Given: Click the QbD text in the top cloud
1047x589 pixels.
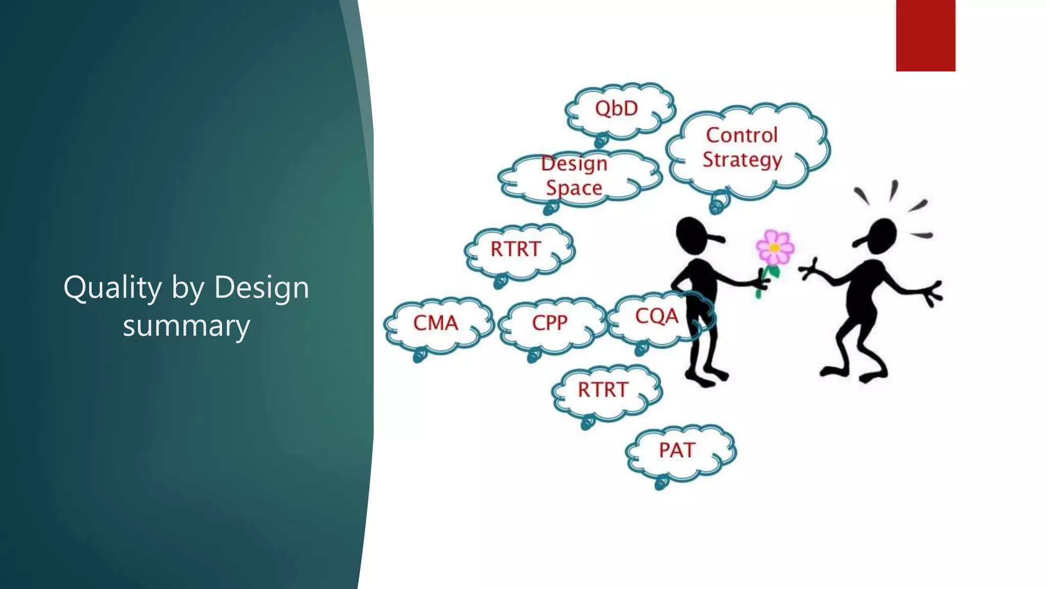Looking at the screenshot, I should (x=617, y=108).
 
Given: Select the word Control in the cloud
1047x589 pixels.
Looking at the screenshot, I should (x=742, y=135).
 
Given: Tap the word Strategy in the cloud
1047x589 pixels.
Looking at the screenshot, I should (x=742, y=160).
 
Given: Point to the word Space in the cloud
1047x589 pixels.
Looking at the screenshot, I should (x=574, y=188).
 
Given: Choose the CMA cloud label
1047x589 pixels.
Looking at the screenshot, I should (x=436, y=323).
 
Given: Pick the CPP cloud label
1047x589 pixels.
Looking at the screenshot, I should (x=550, y=323).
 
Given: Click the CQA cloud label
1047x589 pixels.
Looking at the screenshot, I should (x=657, y=316).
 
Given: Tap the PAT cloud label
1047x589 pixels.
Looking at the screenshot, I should (x=677, y=450).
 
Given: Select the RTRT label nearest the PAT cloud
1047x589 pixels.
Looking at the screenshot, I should (x=603, y=390).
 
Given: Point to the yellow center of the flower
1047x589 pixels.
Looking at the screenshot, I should (x=775, y=248).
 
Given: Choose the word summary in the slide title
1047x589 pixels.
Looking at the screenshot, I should (x=187, y=326).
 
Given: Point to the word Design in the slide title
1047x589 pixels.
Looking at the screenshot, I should (x=262, y=287).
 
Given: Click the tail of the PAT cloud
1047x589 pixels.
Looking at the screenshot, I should (x=661, y=482).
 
